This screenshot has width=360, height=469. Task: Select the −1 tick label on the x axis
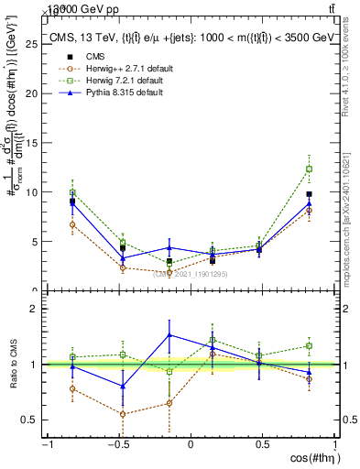coord(46,445)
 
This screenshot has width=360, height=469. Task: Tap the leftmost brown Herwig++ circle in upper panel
coord(72,224)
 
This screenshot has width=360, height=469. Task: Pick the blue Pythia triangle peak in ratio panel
coord(169,334)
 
